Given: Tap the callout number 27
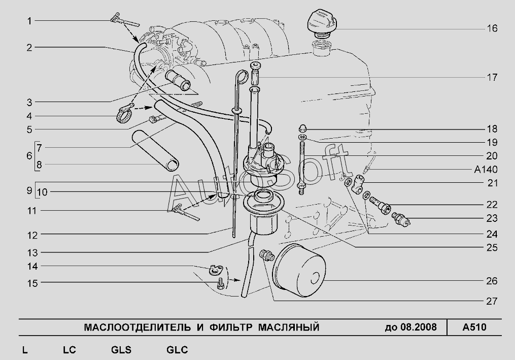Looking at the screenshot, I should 491,301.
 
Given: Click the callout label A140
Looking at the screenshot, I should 486,170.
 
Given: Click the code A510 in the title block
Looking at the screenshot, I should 474,327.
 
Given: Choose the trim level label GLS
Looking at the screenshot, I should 121,350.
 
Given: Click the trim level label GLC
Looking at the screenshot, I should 177,350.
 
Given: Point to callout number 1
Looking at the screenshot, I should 29,21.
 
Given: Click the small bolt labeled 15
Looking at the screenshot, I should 220,283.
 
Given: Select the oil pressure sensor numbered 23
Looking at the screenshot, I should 402,218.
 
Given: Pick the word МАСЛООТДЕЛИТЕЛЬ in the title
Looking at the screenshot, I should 136,327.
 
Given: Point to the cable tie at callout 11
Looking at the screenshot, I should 185,211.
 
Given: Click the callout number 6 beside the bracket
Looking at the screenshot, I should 29,155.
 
